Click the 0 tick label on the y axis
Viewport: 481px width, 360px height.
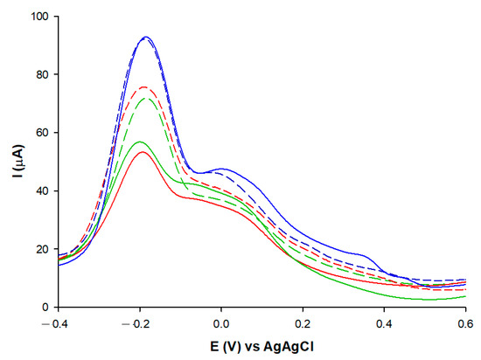(46, 307)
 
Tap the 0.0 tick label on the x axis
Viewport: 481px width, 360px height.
(221, 322)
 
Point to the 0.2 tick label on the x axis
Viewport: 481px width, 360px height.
(303, 322)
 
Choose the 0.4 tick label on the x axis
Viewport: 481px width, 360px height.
(384, 322)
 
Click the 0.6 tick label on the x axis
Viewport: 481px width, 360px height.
(465, 322)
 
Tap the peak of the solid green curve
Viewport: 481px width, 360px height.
(140, 142)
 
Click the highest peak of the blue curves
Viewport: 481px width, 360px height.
(146, 37)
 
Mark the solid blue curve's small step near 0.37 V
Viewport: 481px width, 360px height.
(374, 259)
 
